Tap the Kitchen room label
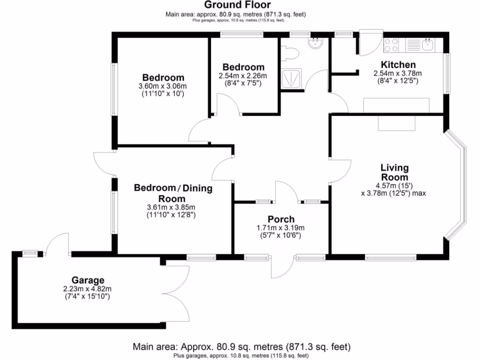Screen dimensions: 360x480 (x=398, y=65)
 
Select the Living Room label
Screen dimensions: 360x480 (x=394, y=172)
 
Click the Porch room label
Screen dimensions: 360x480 (x=281, y=219)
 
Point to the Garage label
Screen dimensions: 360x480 (x=88, y=280)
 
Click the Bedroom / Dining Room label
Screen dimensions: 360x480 (x=173, y=193)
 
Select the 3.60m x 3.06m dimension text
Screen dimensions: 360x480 (x=163, y=86)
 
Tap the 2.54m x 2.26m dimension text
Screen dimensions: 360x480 (x=242, y=76)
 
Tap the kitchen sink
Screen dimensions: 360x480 (x=427, y=45)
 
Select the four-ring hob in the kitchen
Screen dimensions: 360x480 (x=391, y=45)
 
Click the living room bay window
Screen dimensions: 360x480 (x=457, y=185)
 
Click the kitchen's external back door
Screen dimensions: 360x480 (x=370, y=41)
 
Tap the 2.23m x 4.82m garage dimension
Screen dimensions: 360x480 (x=88, y=289)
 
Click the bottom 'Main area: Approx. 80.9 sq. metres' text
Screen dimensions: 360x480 (x=241, y=347)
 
